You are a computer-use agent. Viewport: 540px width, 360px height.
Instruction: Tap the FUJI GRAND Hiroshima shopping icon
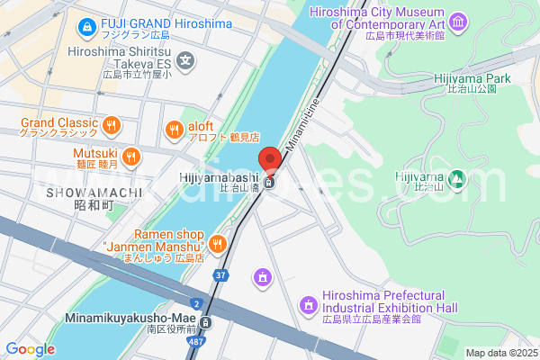tap(87, 28)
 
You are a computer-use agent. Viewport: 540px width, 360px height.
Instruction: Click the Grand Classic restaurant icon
tap(112, 125)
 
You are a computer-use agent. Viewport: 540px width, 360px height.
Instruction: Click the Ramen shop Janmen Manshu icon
tap(217, 243)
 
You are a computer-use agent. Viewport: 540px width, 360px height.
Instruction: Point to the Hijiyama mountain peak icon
tap(457, 179)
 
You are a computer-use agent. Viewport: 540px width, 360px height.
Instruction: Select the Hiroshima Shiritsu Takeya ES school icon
tap(185, 62)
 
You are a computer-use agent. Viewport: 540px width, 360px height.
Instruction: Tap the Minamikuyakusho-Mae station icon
tap(206, 322)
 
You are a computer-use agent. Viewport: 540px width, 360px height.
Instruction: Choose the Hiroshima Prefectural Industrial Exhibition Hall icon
tap(310, 306)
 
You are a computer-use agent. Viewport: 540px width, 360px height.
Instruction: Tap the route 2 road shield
tap(196, 302)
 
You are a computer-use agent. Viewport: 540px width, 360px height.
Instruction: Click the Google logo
tap(30, 349)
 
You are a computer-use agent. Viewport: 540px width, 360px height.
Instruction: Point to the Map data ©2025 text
tap(499, 353)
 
